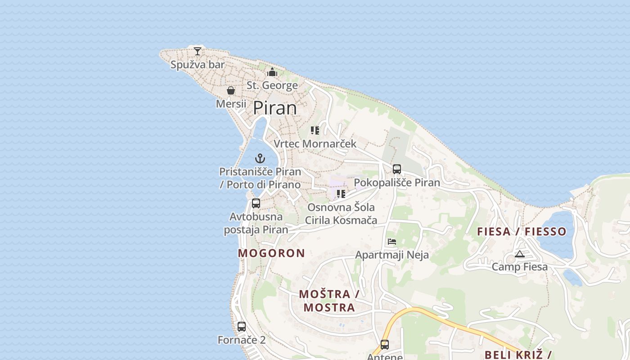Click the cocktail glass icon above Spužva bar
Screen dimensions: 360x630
[198, 51]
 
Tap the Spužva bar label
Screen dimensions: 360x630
[197, 65]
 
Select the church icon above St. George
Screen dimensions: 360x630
[272, 72]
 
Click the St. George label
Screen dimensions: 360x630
[272, 85]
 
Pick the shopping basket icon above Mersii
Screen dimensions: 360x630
[231, 91]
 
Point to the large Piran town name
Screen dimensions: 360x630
[275, 108]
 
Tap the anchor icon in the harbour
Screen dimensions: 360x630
[260, 158]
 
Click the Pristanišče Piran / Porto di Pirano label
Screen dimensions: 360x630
[260, 178]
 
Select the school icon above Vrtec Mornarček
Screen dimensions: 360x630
[315, 130]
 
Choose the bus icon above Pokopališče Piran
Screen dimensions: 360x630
[397, 169]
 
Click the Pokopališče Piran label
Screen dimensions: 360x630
[397, 183]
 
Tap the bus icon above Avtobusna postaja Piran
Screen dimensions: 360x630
[256, 203]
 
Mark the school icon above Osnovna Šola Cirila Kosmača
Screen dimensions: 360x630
[341, 194]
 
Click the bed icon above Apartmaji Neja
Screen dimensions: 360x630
[392, 242]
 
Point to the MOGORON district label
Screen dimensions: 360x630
[271, 253]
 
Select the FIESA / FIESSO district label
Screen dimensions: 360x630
[522, 232]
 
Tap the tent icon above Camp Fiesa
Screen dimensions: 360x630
[520, 254]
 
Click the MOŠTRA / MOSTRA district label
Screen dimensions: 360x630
[329, 301]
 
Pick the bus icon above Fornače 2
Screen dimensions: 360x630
[242, 327]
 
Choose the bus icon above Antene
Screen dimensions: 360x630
[385, 345]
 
